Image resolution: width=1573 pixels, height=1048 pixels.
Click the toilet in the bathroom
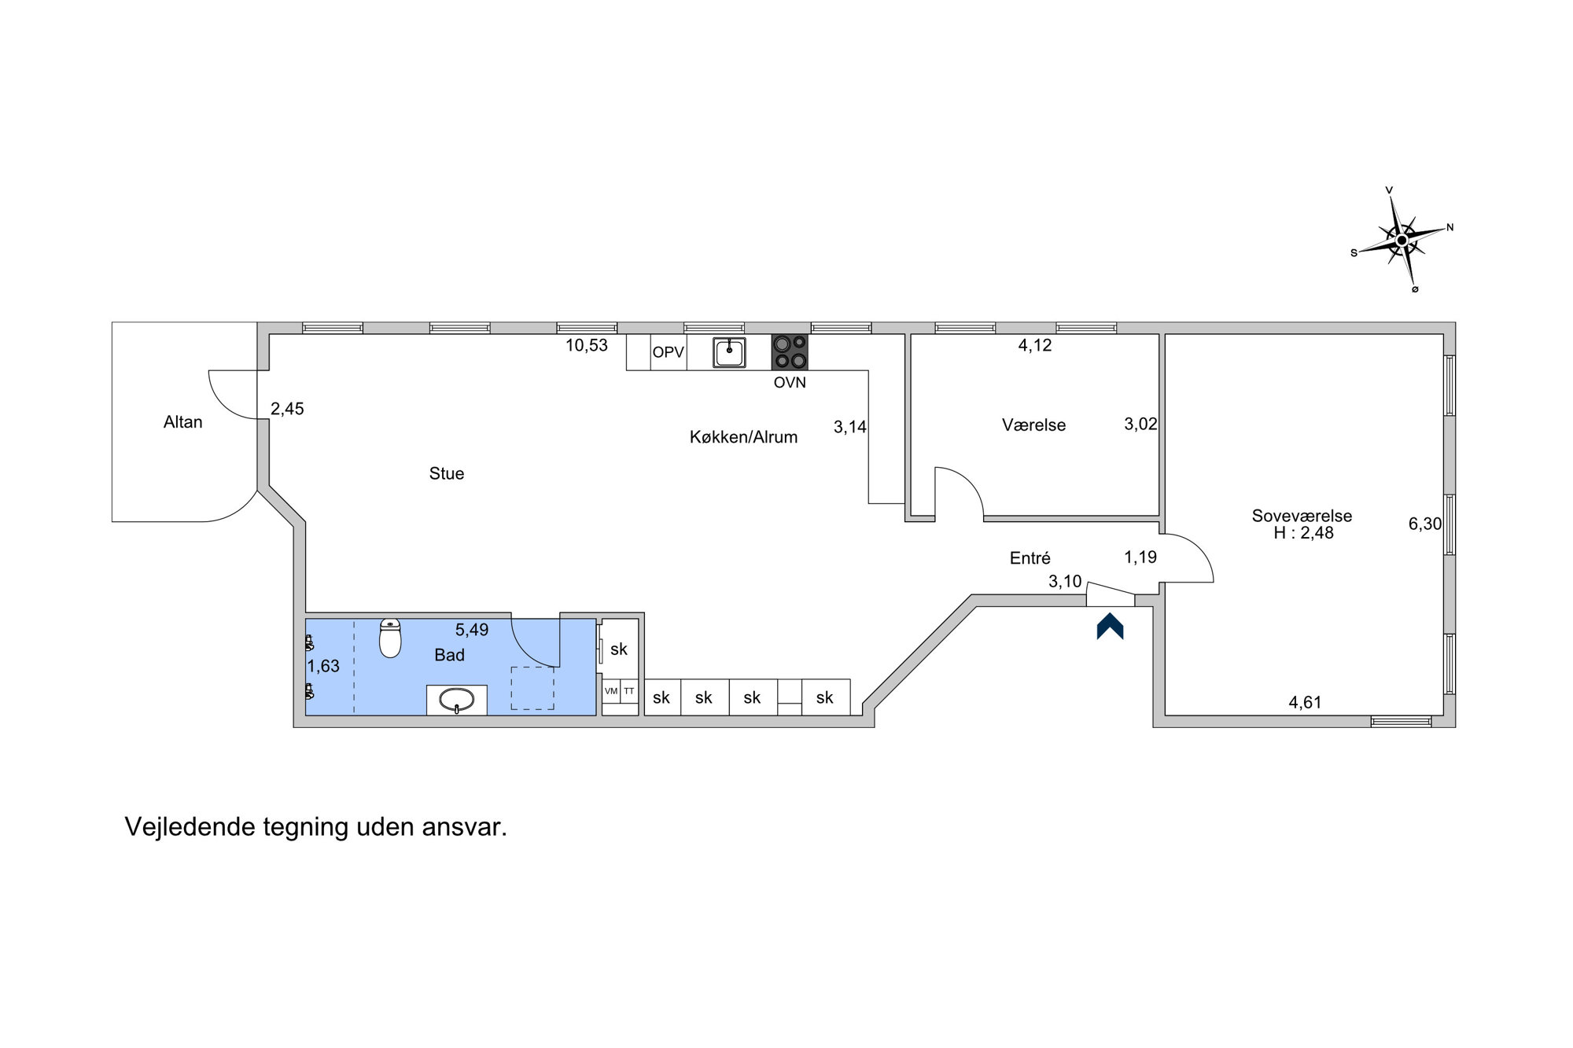[x=390, y=638]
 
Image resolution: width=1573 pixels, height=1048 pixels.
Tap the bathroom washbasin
[x=456, y=700]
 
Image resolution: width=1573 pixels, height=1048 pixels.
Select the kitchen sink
[x=730, y=352]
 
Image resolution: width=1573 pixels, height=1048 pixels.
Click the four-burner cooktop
[x=790, y=352]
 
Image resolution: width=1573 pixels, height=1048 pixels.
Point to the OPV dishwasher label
[x=669, y=352]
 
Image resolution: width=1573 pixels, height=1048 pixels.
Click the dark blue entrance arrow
[x=1110, y=626]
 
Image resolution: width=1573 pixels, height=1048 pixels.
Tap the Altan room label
[x=183, y=422]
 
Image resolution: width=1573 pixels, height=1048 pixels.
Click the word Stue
[x=447, y=473]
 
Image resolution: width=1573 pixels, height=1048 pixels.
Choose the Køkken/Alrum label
[x=743, y=437]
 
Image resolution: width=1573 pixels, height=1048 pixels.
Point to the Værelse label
[x=1034, y=425]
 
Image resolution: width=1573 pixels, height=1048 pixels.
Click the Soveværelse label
[x=1302, y=516]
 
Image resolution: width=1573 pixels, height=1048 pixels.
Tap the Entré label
[x=1030, y=558]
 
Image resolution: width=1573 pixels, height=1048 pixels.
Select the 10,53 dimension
[x=587, y=345]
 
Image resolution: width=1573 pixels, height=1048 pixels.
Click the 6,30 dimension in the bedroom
[x=1425, y=524]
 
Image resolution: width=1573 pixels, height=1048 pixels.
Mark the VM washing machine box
[x=611, y=691]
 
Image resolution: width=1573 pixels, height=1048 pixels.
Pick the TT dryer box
[x=629, y=691]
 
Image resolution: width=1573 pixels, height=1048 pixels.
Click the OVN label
[x=790, y=383]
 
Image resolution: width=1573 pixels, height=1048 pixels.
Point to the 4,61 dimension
[x=1305, y=703]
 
